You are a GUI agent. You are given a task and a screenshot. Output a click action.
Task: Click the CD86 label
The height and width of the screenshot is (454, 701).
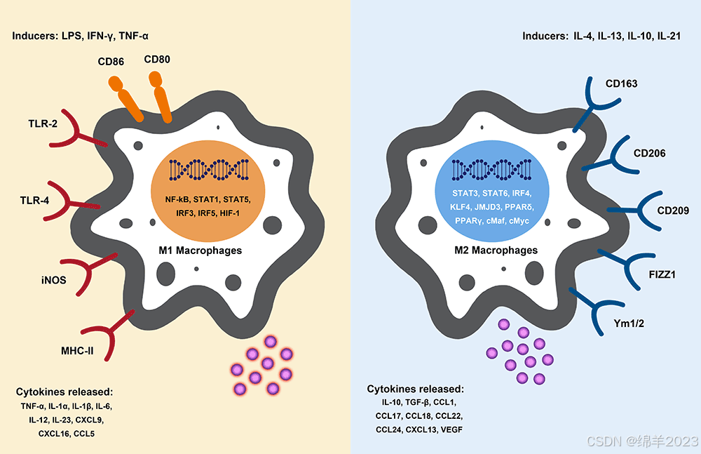coord(111,63)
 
